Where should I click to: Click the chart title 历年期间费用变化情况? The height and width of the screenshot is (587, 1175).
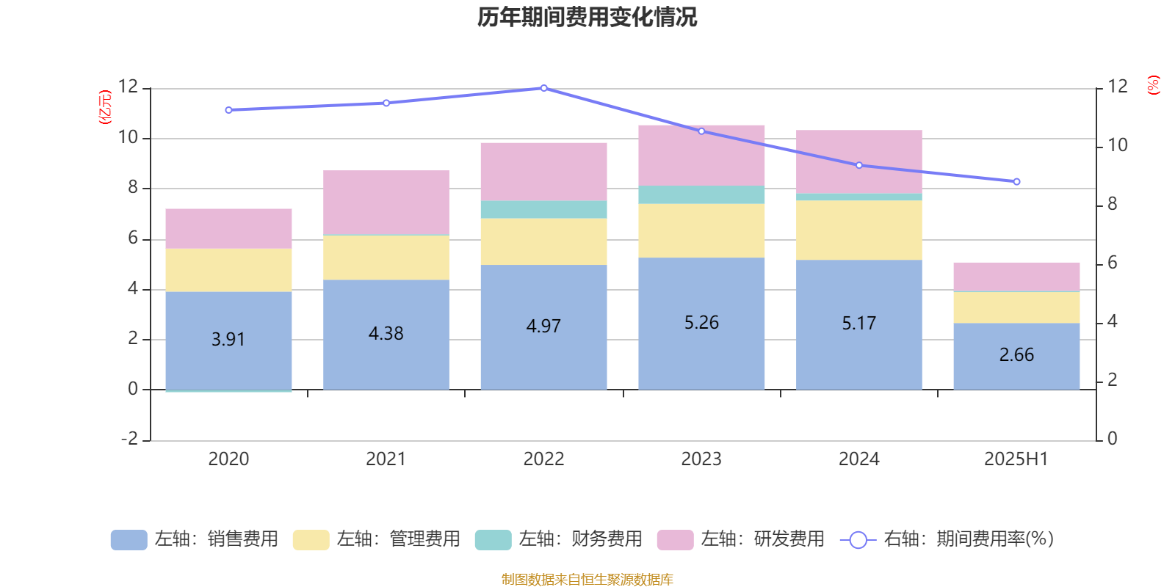click(587, 17)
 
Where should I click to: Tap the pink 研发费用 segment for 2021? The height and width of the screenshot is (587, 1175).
click(386, 202)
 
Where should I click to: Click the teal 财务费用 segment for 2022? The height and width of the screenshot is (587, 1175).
click(543, 209)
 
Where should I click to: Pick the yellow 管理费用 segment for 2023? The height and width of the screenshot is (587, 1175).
click(701, 230)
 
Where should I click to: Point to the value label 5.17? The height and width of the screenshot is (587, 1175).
click(858, 324)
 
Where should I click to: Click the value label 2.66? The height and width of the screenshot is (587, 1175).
click(1016, 355)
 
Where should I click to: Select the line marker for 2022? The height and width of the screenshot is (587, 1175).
click(543, 88)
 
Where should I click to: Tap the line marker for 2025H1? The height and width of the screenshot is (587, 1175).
click(1016, 181)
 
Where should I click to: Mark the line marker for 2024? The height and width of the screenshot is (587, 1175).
click(859, 165)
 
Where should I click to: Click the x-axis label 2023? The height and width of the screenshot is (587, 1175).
click(701, 459)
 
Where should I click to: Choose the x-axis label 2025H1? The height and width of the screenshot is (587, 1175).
click(1016, 459)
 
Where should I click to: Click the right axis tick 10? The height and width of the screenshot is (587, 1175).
click(1117, 145)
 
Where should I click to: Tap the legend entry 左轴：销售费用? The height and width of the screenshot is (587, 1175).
click(195, 539)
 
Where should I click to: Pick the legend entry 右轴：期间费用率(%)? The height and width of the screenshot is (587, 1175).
click(947, 539)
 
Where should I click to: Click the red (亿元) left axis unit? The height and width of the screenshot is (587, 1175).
click(105, 107)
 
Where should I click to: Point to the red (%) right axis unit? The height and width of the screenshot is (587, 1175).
click(1154, 84)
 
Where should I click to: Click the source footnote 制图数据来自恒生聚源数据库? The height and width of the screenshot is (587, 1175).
click(587, 580)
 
